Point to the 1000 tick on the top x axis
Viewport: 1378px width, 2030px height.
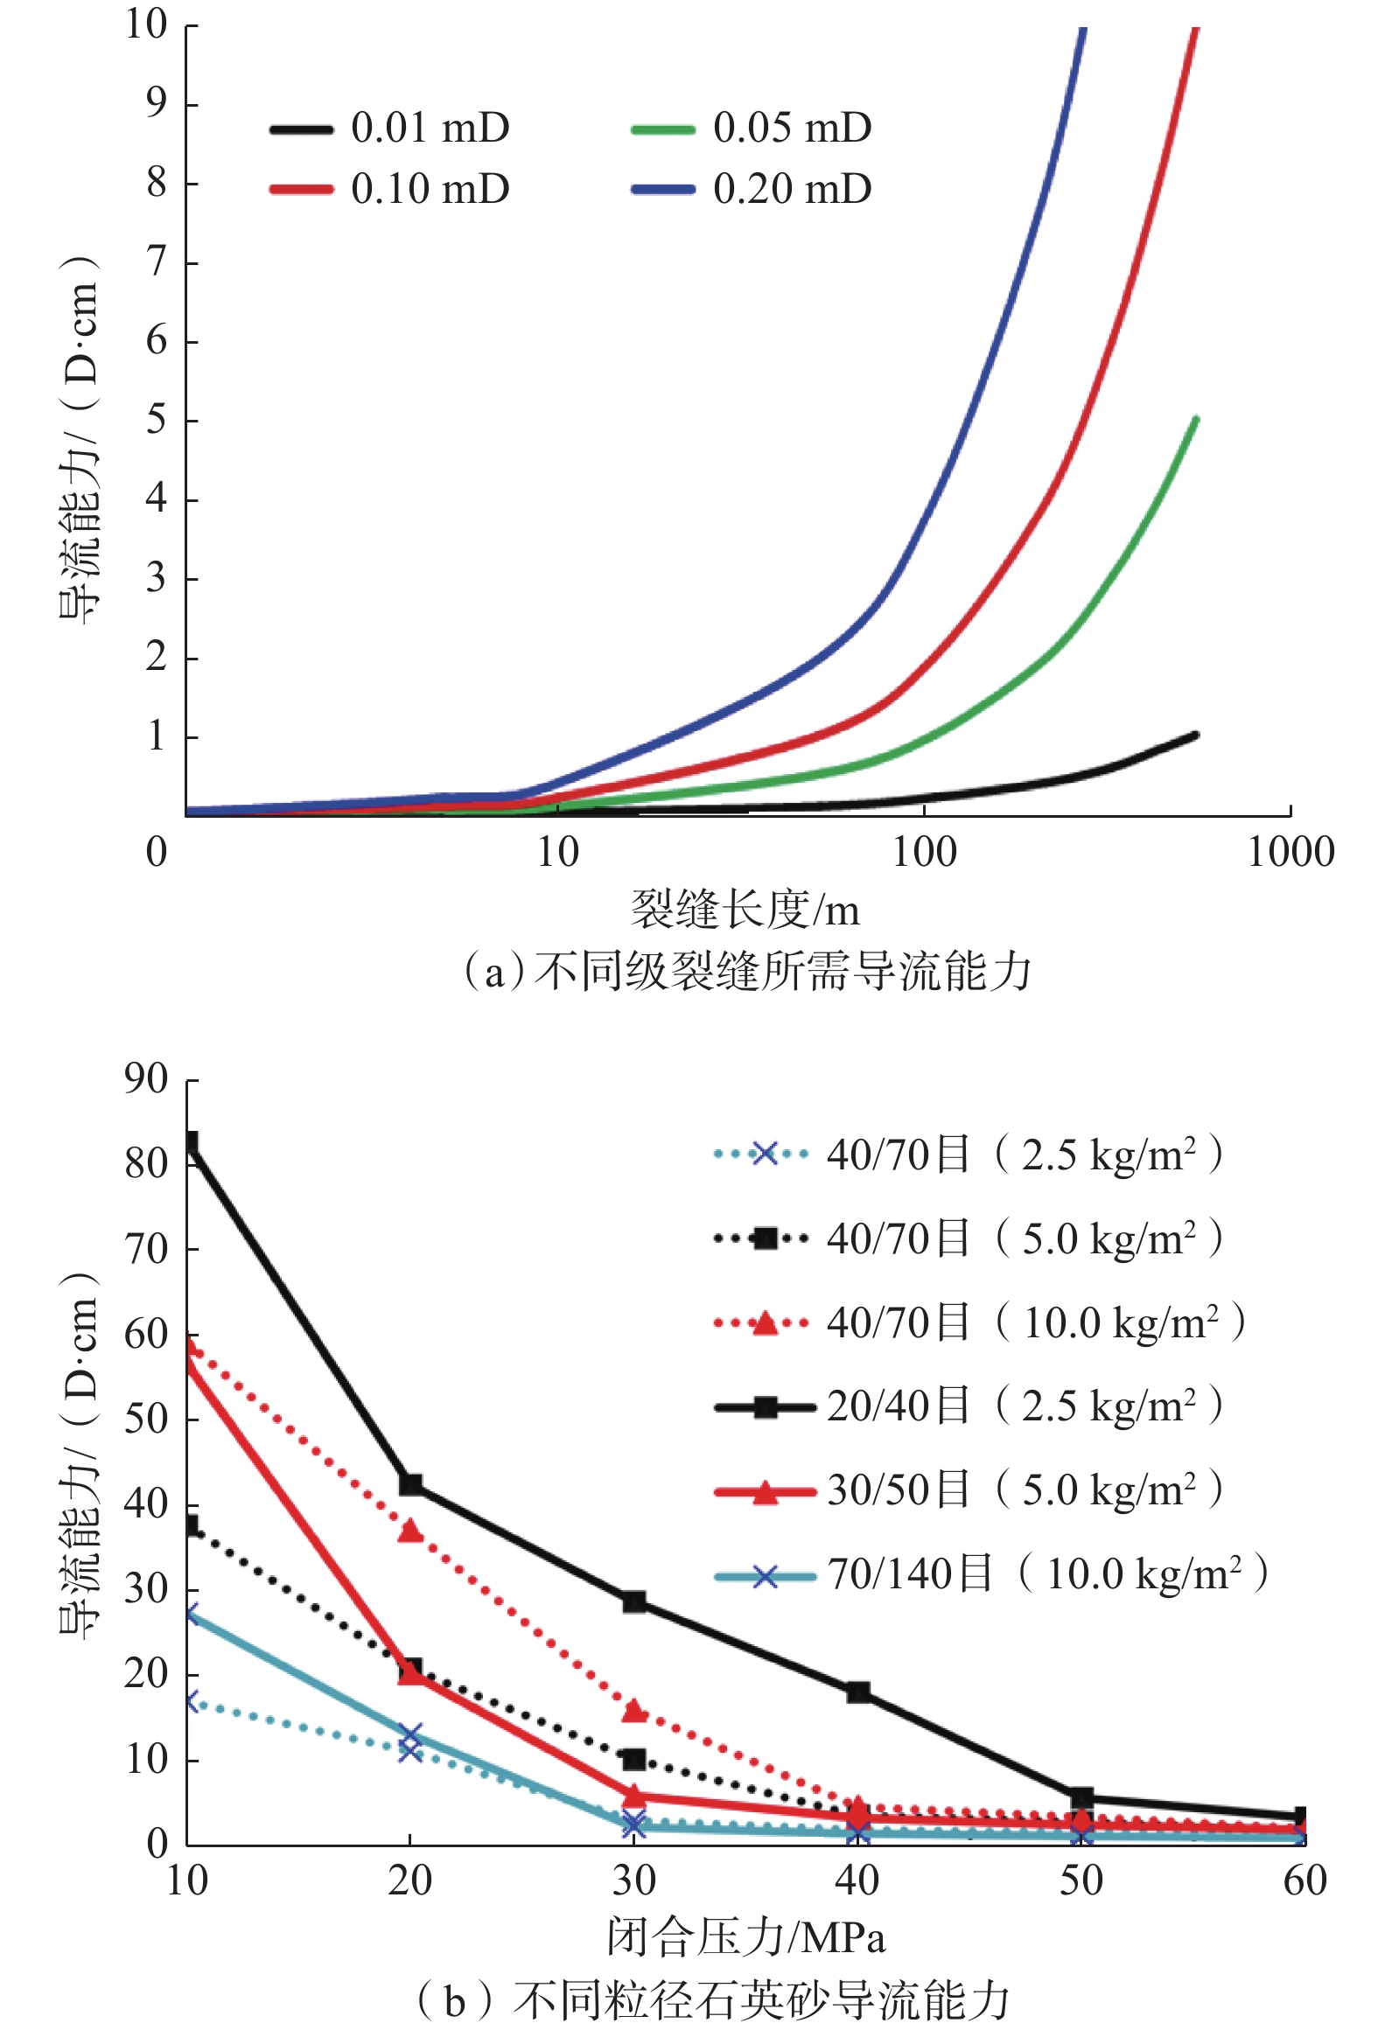pos(1291,852)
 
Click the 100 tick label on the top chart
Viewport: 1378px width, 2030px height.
pos(924,852)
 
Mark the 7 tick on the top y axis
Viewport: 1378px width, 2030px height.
pos(157,262)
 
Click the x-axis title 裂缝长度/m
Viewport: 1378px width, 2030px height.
pos(745,910)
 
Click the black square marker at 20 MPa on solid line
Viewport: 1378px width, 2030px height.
pos(410,1484)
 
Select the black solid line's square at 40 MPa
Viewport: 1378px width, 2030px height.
pos(858,1692)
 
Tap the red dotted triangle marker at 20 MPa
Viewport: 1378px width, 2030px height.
pos(410,1531)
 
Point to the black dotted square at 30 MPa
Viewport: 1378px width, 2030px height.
pos(634,1759)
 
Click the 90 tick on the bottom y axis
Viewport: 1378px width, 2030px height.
pos(145,1080)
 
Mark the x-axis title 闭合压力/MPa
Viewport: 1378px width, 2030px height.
pos(746,1938)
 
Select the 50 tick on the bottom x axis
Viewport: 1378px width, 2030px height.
pos(1081,1881)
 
